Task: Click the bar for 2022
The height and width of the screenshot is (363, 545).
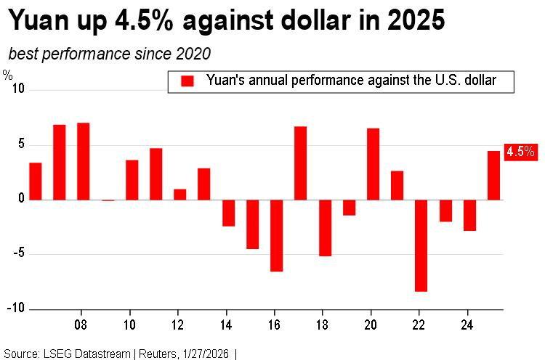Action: click(x=421, y=245)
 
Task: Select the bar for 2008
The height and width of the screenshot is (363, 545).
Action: click(x=83, y=161)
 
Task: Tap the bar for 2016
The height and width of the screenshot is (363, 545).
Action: click(x=276, y=235)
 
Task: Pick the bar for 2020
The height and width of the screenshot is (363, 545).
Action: click(x=373, y=164)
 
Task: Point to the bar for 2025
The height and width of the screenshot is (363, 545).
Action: click(x=493, y=175)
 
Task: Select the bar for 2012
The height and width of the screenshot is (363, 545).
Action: click(x=179, y=194)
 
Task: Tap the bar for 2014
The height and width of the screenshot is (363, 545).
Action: click(x=228, y=213)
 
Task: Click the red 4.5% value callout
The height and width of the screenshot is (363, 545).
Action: click(x=520, y=152)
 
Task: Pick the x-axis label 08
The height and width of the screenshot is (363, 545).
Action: click(x=81, y=324)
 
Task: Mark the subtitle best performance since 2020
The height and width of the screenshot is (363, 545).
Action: click(x=110, y=54)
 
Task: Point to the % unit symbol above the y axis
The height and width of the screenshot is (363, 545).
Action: click(x=7, y=74)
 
